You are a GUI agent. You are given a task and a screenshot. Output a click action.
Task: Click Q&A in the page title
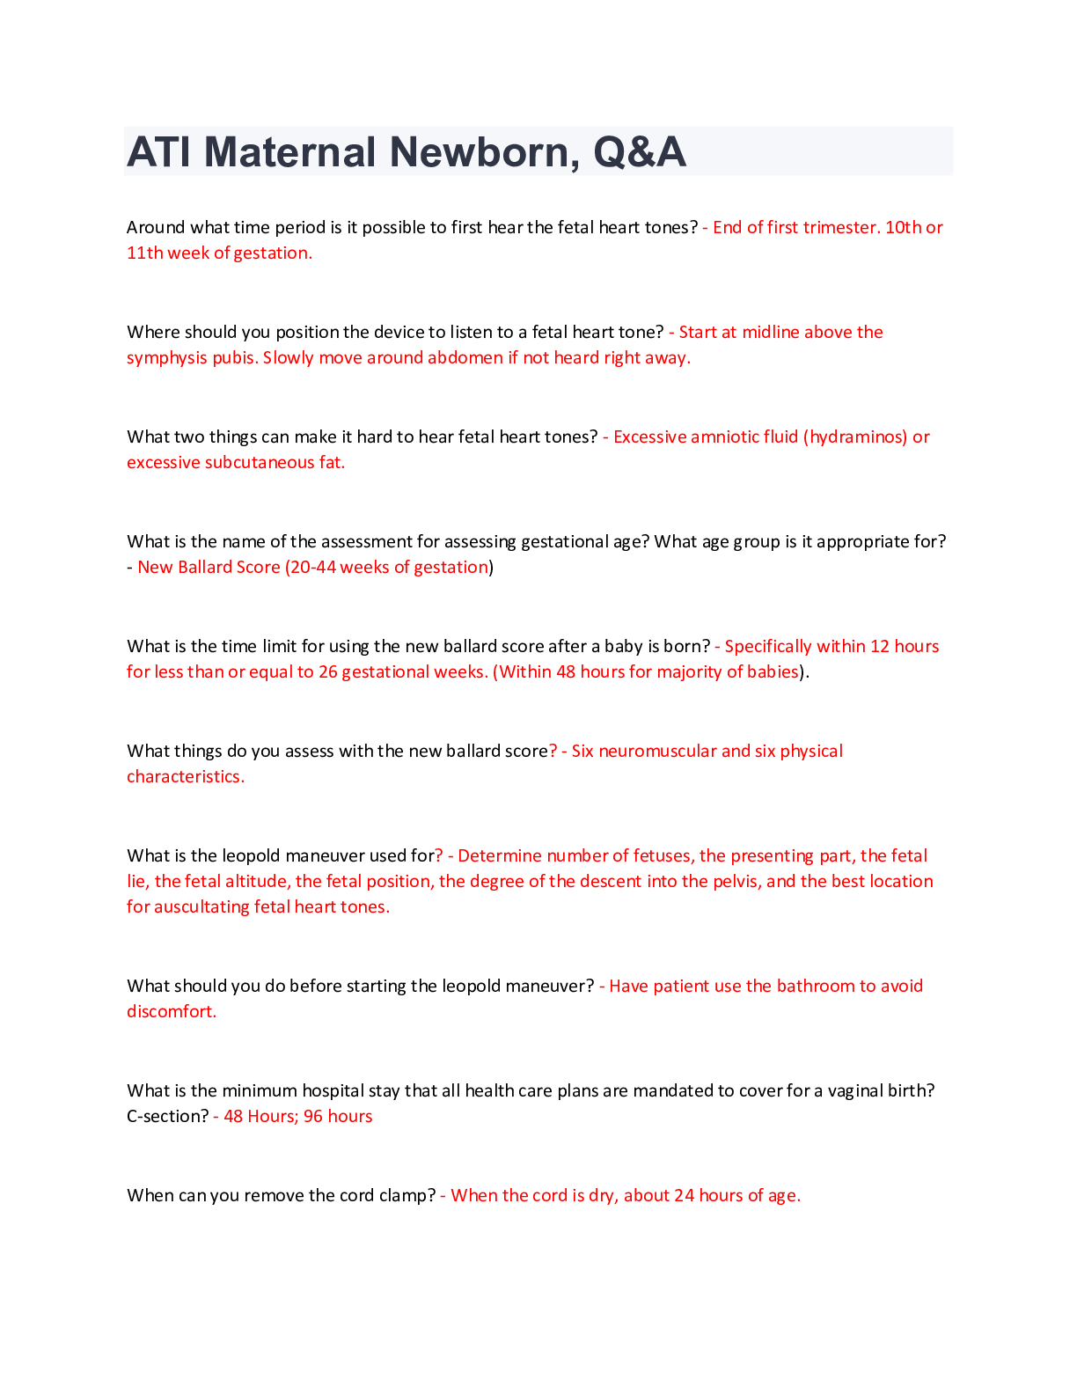click(x=640, y=151)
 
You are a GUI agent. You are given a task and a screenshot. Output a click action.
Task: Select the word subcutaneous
click(x=253, y=463)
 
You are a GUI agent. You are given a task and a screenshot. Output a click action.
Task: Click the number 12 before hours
click(x=879, y=647)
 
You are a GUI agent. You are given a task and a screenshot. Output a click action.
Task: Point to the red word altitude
click(x=256, y=882)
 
